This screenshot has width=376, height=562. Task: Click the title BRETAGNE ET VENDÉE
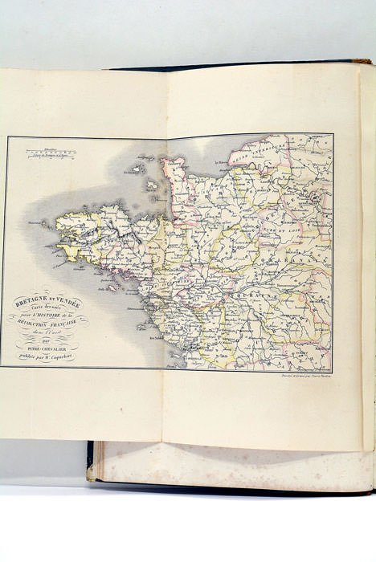click(x=43, y=298)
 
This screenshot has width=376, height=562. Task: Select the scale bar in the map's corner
click(x=33, y=148)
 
